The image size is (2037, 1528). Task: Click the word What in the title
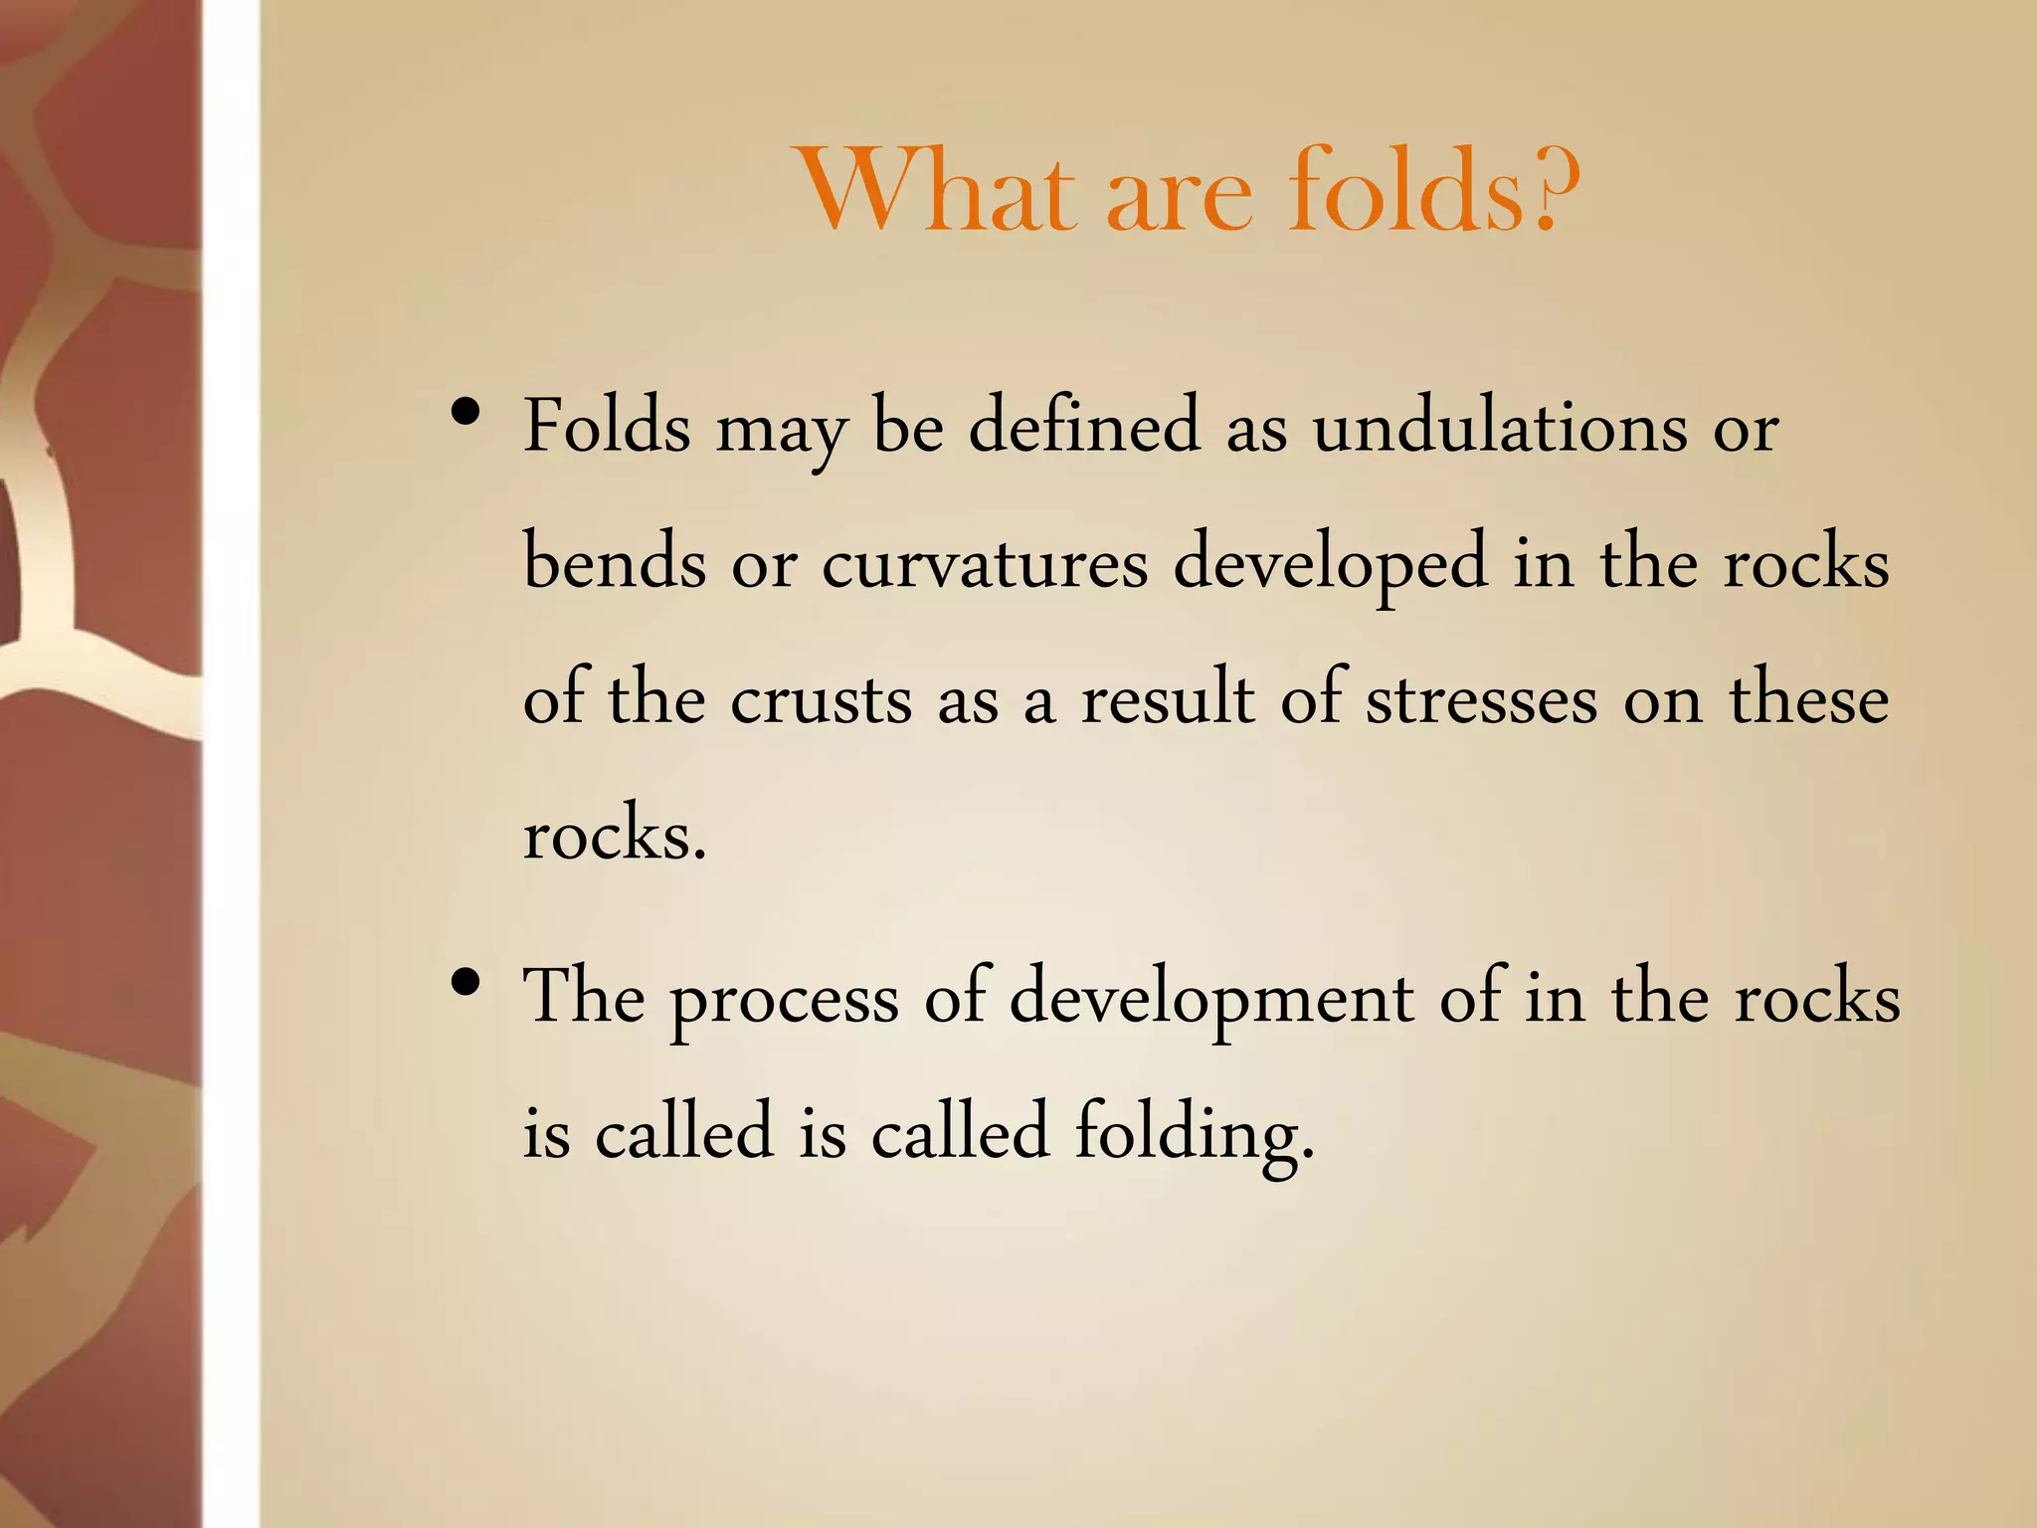coord(940,191)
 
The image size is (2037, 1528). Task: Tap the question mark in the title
coord(1555,189)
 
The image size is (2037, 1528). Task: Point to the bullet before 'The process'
coord(465,983)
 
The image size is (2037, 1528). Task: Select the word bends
coord(615,563)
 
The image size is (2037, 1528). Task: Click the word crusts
coord(821,699)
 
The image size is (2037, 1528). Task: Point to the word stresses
coord(1482,699)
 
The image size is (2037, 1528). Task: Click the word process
coord(785,1000)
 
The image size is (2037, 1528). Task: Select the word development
coord(1211,1000)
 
